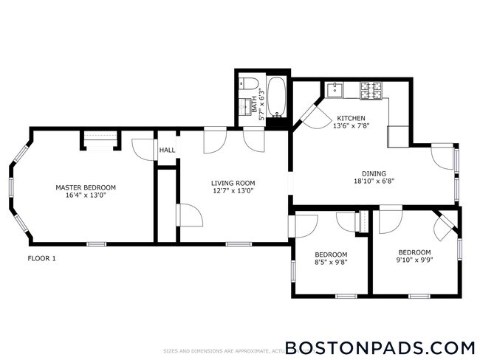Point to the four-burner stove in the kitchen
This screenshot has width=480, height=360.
372,90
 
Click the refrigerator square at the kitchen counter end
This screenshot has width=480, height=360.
398,136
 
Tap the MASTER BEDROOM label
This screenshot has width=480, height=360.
86,187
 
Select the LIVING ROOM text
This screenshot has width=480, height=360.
233,184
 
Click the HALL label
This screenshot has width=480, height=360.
167,150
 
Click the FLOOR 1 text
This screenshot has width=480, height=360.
41,258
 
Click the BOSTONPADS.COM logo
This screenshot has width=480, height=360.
380,347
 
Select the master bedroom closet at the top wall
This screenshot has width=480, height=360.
100,139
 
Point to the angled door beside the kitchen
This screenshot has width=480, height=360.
309,112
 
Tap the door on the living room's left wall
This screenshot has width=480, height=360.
189,215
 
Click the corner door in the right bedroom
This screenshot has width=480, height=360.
445,225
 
